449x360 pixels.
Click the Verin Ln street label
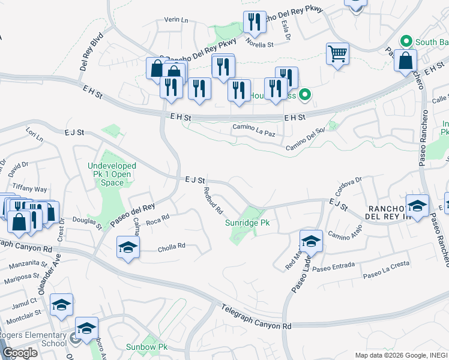pyautogui.click(x=176, y=20)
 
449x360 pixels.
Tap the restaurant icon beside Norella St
pyautogui.click(x=255, y=23)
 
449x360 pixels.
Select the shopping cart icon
pyautogui.click(x=337, y=53)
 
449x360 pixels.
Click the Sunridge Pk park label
pyautogui.click(x=247, y=223)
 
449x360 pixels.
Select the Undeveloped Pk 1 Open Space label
pyautogui.click(x=112, y=174)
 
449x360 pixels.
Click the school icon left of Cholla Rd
pyautogui.click(x=128, y=247)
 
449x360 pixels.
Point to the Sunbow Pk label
pyautogui.click(x=146, y=347)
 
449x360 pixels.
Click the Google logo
pyautogui.click(x=19, y=353)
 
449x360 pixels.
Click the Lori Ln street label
pyautogui.click(x=35, y=134)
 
